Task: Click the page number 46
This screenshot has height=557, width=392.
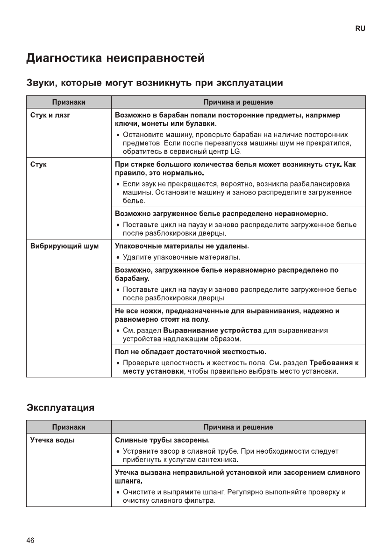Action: (x=30, y=540)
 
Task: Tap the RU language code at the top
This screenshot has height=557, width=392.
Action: (x=360, y=29)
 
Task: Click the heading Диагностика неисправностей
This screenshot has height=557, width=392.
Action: (x=115, y=59)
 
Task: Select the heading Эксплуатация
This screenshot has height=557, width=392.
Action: (x=60, y=407)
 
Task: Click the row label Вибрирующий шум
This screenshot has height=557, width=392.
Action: (x=64, y=246)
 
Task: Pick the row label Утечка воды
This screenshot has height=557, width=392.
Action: (x=52, y=440)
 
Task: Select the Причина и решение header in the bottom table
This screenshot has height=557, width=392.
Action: (x=238, y=427)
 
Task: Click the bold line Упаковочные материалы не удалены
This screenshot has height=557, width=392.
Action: (x=182, y=246)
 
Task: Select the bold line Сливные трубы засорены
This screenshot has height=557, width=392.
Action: (x=162, y=440)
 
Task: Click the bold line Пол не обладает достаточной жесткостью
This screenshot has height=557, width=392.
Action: (x=191, y=351)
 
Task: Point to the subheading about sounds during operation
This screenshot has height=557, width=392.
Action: (x=154, y=83)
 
